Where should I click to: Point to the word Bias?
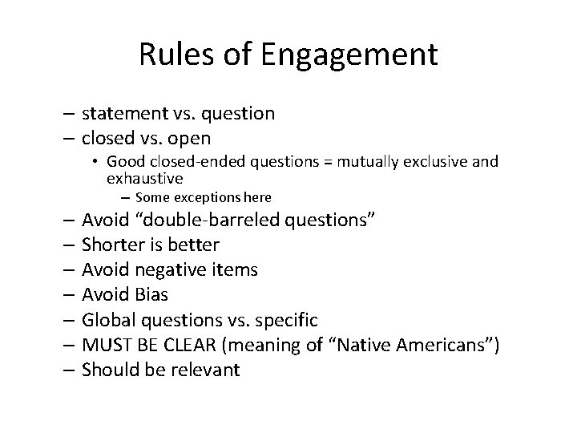[149, 294]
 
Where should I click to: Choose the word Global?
[109, 320]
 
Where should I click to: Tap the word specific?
[285, 321]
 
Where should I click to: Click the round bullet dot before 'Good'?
[96, 162]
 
